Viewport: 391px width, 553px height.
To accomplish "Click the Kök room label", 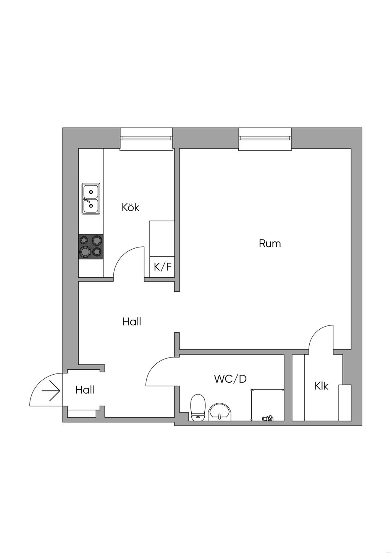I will click(x=131, y=207).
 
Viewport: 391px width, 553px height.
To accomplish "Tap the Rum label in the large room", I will click(x=270, y=243).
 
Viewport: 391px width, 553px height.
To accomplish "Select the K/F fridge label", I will click(x=163, y=267).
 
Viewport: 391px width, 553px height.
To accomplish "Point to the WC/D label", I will click(x=230, y=379).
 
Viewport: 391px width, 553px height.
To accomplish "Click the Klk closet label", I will click(x=321, y=386).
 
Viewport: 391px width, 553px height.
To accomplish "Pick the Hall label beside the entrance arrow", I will click(x=85, y=390).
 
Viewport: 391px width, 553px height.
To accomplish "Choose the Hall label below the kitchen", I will click(x=132, y=322).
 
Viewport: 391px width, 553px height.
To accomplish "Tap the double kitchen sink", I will click(x=91, y=198).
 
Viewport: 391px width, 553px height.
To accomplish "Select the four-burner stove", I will click(x=91, y=246).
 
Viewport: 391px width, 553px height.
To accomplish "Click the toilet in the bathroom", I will click(x=198, y=408).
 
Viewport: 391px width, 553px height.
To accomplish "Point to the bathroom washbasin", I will click(x=220, y=412).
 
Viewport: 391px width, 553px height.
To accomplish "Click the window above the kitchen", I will click(x=146, y=139).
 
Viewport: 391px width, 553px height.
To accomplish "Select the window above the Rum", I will click(x=265, y=139).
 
